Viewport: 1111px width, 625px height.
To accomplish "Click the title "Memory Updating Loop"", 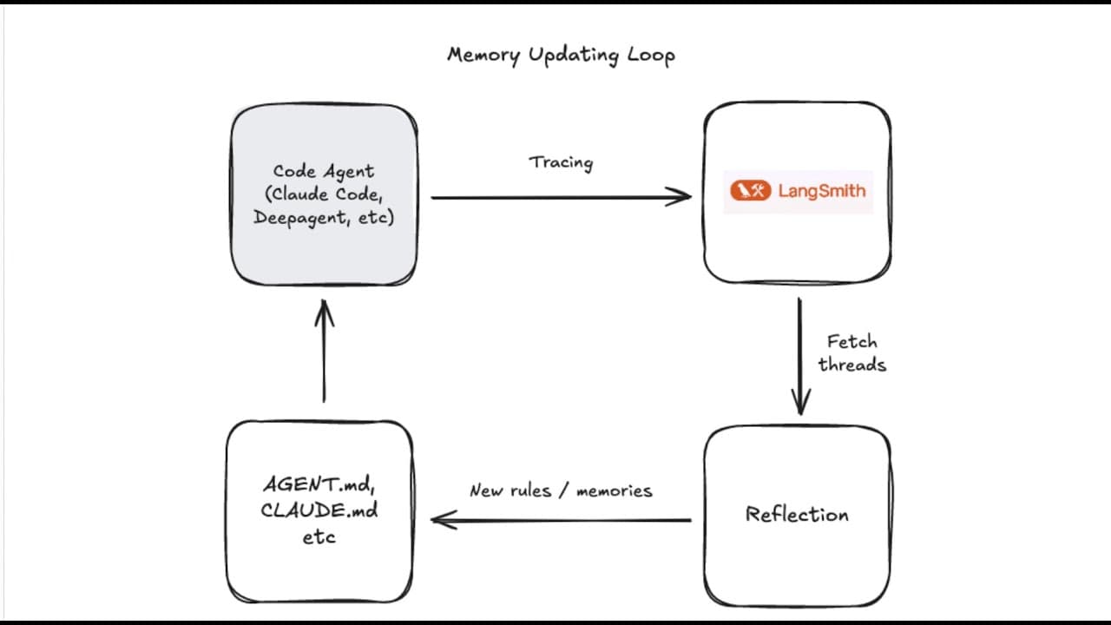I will (561, 55).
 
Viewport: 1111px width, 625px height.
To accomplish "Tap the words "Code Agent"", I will (323, 171).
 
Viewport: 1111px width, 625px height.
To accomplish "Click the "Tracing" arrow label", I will (561, 162).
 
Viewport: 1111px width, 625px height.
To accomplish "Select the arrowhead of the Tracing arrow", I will (681, 197).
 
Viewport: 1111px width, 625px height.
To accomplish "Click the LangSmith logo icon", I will (750, 191).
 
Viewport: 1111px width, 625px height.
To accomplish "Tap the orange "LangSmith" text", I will (821, 191).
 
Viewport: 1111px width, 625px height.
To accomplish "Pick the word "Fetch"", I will (851, 341).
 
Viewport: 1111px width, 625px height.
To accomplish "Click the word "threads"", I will (851, 365).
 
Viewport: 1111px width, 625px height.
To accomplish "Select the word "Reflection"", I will (797, 514).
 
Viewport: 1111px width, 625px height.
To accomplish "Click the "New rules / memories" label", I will (561, 490).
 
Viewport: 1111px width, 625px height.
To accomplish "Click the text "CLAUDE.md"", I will (319, 510).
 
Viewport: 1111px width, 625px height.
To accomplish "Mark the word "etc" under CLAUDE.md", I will (319, 537).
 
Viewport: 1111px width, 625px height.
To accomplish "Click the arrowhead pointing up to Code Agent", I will (324, 311).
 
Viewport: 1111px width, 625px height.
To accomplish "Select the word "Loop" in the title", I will (649, 56).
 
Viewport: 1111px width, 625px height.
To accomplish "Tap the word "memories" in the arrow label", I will (614, 490).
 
